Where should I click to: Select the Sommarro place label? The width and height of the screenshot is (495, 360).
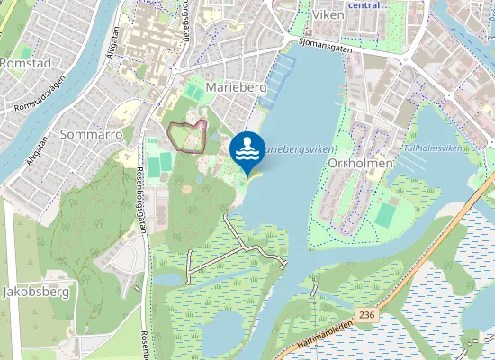(x=90, y=133)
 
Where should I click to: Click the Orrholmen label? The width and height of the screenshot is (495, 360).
(x=359, y=140)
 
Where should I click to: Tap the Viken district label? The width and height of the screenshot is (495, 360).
(x=328, y=15)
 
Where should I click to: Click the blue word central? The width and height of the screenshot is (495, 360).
(x=364, y=4)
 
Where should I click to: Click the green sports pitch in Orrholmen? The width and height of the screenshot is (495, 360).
(x=385, y=216)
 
